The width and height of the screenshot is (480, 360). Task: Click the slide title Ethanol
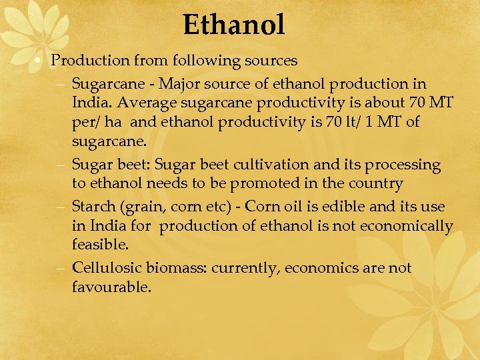pos(234,25)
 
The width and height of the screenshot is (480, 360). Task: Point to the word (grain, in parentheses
pos(145,207)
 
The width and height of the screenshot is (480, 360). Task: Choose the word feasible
pos(100,245)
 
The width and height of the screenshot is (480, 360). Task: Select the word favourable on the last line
pos(111,287)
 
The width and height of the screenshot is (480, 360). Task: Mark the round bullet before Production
pos(41,61)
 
